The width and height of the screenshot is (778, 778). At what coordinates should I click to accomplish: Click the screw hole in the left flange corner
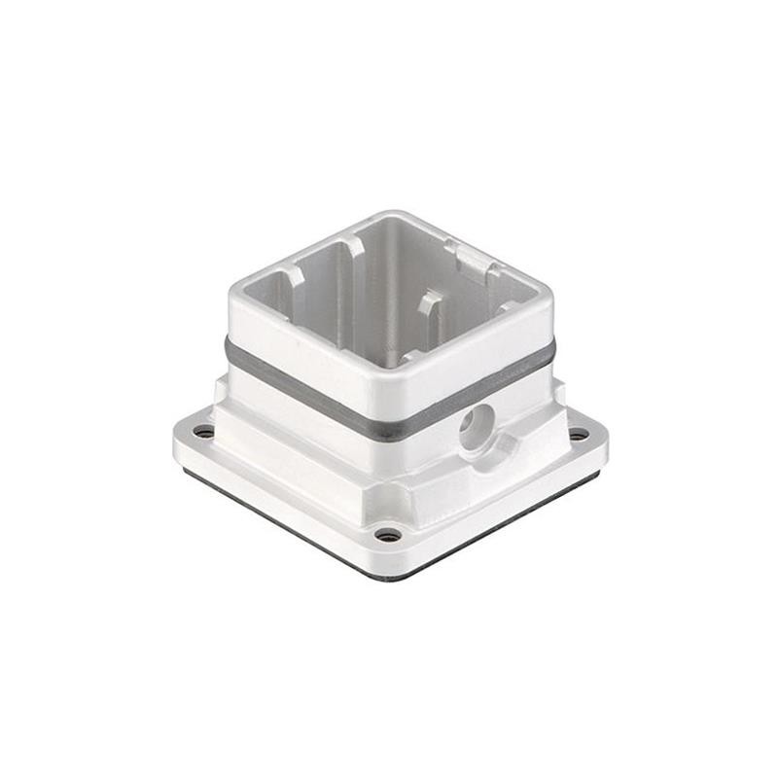[203, 431]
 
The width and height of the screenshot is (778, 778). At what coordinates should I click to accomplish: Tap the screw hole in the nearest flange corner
[388, 534]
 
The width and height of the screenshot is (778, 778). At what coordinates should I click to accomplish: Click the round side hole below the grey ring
[477, 425]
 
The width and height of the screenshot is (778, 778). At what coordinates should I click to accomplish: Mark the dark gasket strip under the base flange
[292, 525]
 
